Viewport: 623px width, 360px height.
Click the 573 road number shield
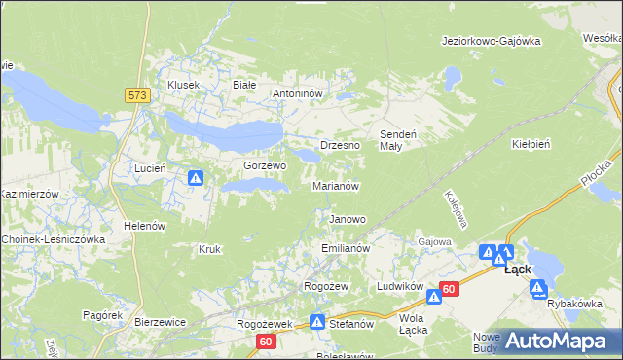coord(136,94)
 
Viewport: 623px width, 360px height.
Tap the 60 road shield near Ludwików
coord(448,289)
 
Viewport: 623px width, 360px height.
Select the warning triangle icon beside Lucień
coord(196,178)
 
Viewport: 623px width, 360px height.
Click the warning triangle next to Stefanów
coord(317,321)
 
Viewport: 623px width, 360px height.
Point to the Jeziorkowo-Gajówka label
coord(490,41)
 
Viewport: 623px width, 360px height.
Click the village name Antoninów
coord(297,94)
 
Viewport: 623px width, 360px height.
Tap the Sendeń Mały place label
coord(397,139)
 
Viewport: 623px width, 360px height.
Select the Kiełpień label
coord(531,143)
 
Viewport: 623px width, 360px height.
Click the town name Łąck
coord(517,270)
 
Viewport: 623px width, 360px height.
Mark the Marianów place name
coord(337,185)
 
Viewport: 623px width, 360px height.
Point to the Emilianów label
coord(346,249)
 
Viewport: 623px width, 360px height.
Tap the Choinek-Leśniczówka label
coord(53,238)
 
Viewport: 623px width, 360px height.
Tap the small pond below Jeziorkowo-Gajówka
coord(451,74)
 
